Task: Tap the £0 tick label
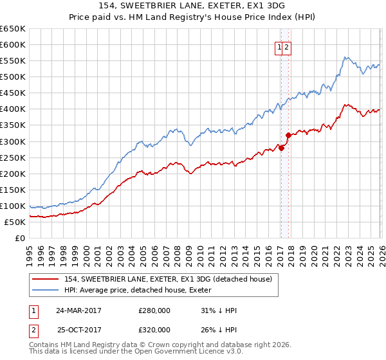(x=19, y=239)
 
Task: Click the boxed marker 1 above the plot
(x=280, y=47)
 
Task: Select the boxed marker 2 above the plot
(x=288, y=47)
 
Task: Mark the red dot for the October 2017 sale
(x=288, y=135)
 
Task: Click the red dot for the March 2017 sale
(x=281, y=148)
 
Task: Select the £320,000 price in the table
(x=154, y=329)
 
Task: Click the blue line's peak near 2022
(x=345, y=57)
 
